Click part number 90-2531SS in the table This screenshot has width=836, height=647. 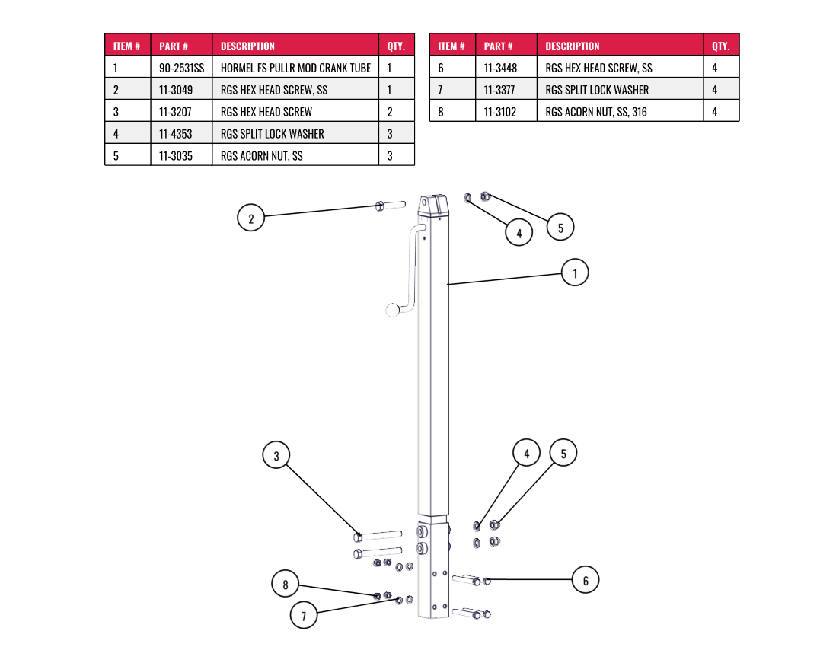click(x=181, y=68)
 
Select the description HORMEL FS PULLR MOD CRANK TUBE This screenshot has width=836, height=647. click(x=295, y=68)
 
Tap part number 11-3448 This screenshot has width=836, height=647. click(x=500, y=68)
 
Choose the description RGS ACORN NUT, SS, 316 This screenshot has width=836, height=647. click(x=596, y=112)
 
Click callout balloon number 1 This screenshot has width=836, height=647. click(x=575, y=273)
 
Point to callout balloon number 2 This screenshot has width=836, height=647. click(x=250, y=218)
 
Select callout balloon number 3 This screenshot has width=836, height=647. click(x=276, y=456)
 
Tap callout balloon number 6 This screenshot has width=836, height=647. click(x=586, y=581)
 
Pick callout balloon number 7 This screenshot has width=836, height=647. click(x=304, y=615)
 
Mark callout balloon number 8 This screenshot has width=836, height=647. click(x=286, y=585)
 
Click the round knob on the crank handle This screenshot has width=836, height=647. click(x=393, y=310)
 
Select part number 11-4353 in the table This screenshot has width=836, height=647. click(x=176, y=134)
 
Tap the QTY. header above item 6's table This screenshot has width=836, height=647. click(x=720, y=46)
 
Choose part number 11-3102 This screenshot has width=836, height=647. click(x=500, y=112)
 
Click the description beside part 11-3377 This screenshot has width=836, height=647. click(x=597, y=90)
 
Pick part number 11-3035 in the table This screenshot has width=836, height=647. click(x=176, y=156)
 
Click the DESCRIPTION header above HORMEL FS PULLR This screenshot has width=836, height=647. click(x=247, y=46)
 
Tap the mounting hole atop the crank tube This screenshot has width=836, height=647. click(x=424, y=204)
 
